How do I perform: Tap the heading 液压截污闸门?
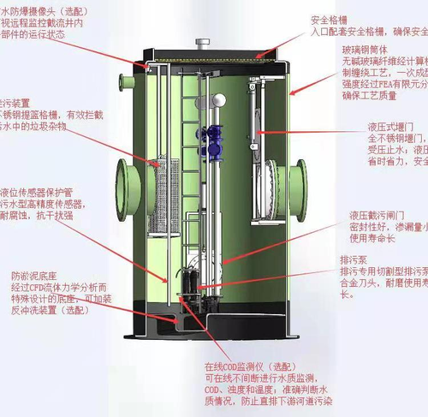[x=373, y=214]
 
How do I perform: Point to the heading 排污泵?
[x=353, y=258]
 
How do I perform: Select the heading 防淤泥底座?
[x=34, y=277]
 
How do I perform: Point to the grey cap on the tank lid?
[x=202, y=42]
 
